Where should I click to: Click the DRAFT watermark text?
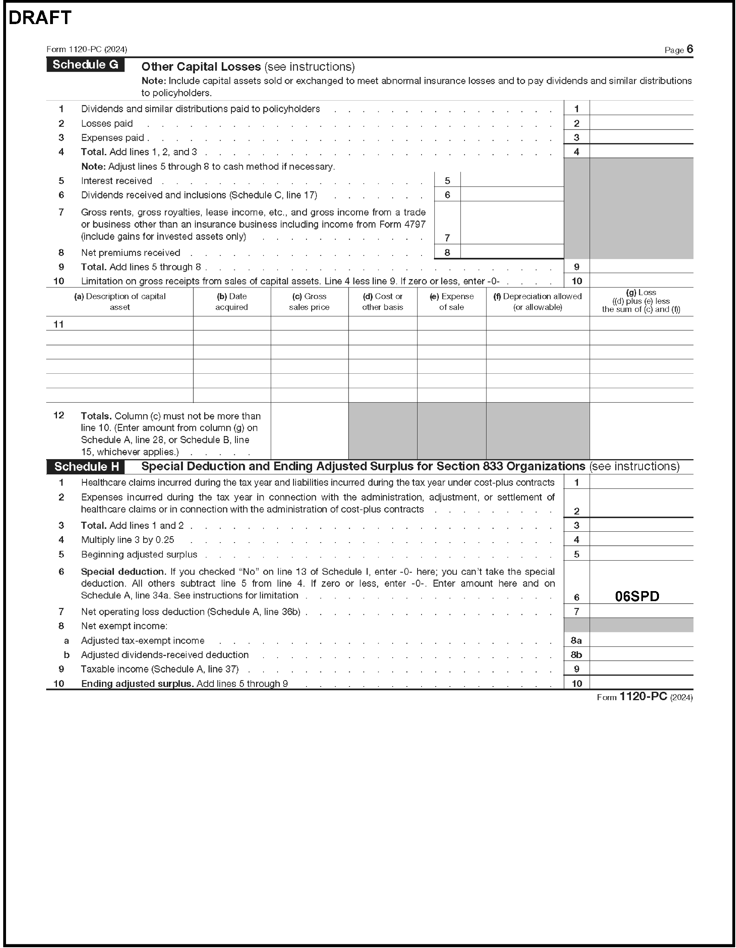point(40,18)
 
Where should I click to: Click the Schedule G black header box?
point(85,65)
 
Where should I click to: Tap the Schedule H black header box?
point(86,467)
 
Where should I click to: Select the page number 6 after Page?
point(690,49)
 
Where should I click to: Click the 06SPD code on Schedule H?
point(637,596)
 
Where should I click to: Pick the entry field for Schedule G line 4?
point(641,152)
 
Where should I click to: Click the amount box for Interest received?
point(511,180)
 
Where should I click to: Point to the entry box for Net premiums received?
point(511,252)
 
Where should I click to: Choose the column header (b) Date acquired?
point(231,302)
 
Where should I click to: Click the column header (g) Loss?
point(641,301)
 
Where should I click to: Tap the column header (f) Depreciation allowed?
point(537,302)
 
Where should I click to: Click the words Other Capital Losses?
point(201,67)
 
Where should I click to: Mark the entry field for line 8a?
point(641,640)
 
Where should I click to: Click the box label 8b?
point(576,654)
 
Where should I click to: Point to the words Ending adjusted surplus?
point(137,684)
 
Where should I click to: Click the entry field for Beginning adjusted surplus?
point(641,554)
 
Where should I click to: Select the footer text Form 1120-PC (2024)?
point(645,697)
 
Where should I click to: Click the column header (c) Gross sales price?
point(309,302)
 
